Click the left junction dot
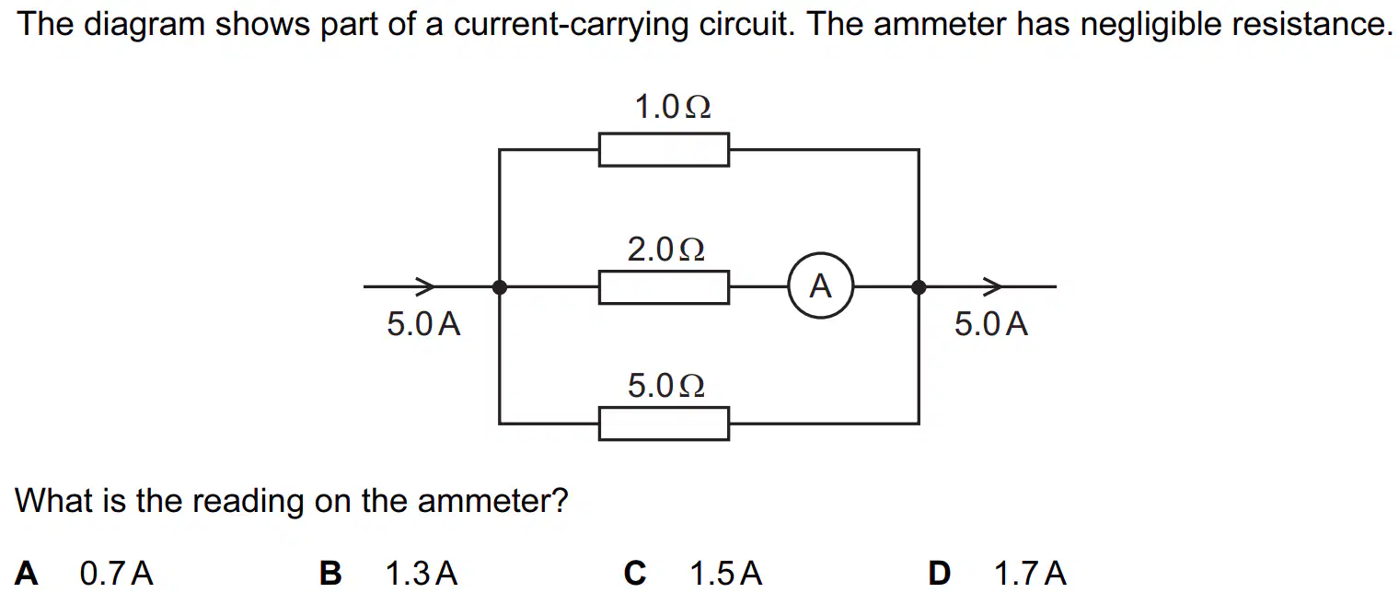pos(499,286)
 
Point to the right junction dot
pos(919,286)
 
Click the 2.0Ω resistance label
pos(665,249)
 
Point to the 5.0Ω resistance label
pos(665,385)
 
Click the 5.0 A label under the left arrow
pos(423,324)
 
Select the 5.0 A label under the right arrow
pos(990,324)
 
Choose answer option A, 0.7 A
pos(84,573)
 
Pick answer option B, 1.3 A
pos(387,573)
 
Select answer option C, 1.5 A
pos(693,573)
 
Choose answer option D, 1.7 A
pos(998,573)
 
